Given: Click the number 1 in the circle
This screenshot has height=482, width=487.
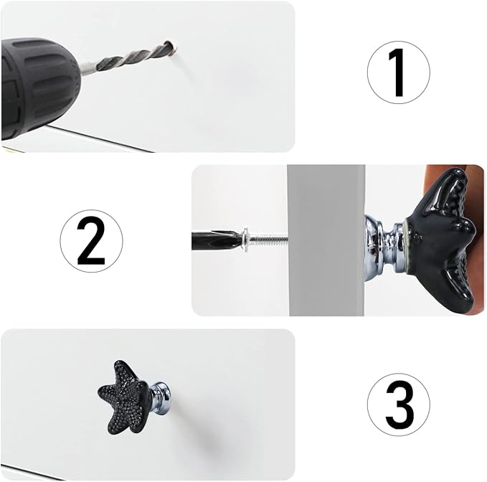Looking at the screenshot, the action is pos(399,72).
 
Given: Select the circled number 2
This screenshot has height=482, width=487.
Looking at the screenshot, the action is pos(92,241).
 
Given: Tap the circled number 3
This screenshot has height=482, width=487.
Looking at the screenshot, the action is pos(399,405).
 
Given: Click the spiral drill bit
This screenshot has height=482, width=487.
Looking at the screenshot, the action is pos(133,57).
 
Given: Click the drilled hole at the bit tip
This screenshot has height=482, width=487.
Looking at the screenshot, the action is pos(171,46).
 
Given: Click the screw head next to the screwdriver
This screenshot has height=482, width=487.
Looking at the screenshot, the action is pos(245,240).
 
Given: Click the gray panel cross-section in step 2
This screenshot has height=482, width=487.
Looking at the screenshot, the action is pos(326,240).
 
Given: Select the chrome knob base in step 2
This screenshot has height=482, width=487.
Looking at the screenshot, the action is pos(384,248).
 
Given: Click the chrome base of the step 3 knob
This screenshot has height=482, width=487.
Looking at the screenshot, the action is pos(160,395).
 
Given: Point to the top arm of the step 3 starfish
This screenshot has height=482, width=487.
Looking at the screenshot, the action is pos(123,372).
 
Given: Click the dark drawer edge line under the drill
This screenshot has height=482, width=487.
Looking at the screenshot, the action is pos(103,139).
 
